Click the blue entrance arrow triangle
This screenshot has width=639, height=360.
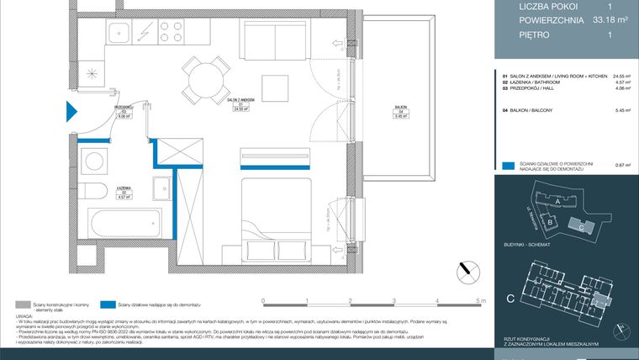[71, 110]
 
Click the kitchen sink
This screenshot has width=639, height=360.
[116, 34]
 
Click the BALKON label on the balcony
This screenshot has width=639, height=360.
[401, 109]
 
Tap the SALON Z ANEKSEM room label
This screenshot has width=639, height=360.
[240, 99]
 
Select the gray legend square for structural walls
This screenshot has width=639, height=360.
[22, 304]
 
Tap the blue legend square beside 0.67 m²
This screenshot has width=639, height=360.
[507, 167]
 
